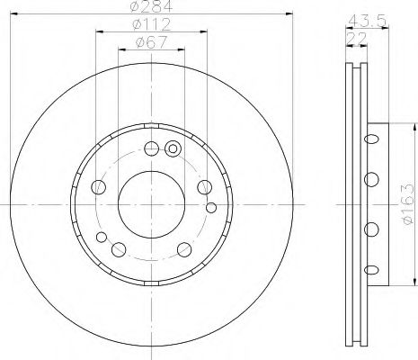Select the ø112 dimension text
(x=150, y=26)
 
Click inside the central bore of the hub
(x=150, y=193)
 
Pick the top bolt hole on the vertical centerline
(x=151, y=148)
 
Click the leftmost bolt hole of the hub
(x=99, y=186)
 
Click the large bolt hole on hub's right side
(x=204, y=186)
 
